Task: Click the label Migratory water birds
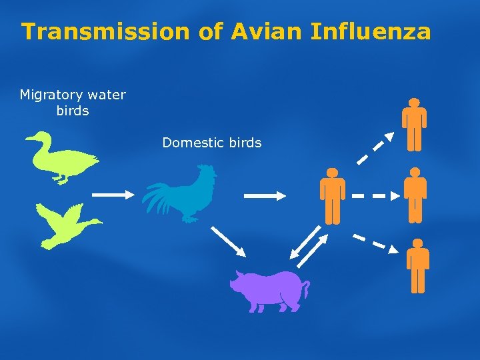73,103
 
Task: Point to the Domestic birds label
212,142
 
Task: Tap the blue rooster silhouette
183,193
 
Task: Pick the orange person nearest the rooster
332,195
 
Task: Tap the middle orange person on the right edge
415,195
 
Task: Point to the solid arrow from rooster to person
265,195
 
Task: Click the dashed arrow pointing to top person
375,148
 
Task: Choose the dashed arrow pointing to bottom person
375,243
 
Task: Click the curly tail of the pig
306,289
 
